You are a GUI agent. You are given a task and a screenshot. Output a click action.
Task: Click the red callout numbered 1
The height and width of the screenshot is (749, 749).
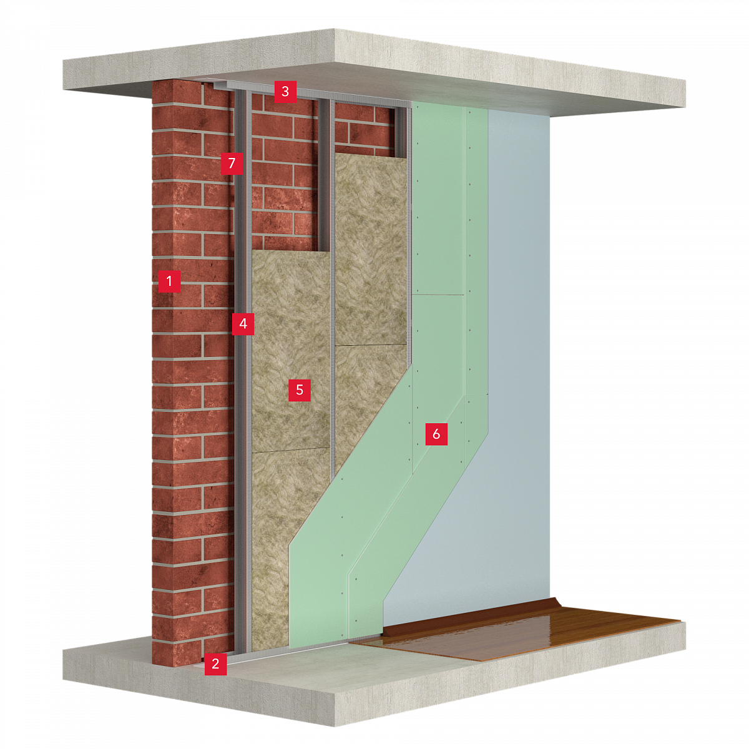pos(169,281)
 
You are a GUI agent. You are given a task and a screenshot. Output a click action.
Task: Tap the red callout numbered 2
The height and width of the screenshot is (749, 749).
pos(215,663)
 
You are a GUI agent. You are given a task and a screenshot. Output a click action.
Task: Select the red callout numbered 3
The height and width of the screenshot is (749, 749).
pos(285,91)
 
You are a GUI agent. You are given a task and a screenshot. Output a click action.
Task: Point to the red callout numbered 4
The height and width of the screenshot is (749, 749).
pos(243,323)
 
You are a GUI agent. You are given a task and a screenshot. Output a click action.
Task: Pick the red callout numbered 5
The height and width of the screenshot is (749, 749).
pos(300,390)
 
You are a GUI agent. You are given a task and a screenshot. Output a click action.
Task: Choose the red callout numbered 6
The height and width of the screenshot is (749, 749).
pos(436,434)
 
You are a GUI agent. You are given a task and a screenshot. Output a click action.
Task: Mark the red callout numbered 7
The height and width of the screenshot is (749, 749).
pos(232,163)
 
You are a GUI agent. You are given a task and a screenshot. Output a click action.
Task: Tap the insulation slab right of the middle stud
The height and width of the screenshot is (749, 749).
pos(371,311)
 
